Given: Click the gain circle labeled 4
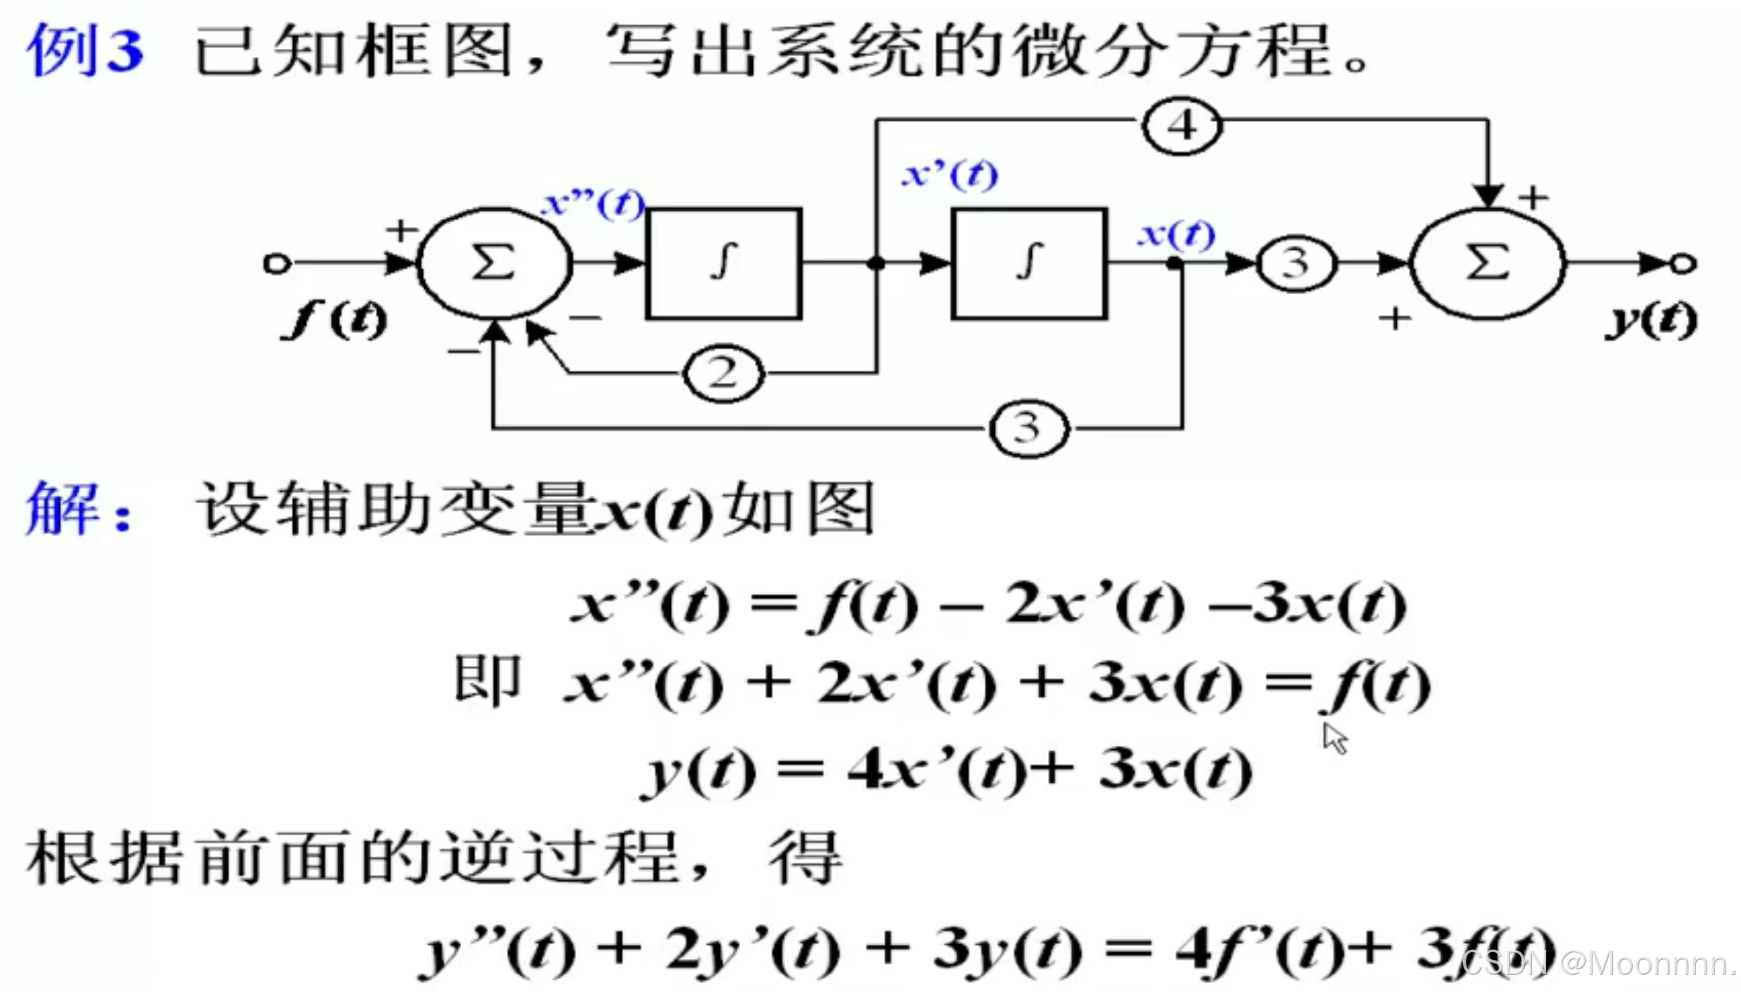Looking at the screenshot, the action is [x=1182, y=125].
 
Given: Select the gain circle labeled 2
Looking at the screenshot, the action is [x=723, y=373].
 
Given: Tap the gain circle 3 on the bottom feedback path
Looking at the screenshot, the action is [x=1028, y=428].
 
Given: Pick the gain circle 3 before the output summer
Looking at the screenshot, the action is [x=1296, y=263].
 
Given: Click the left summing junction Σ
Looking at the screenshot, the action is [x=494, y=263].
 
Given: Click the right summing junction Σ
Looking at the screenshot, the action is [x=1488, y=263].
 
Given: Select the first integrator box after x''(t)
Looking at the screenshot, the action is [x=724, y=263].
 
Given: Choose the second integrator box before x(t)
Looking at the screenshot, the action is [x=1029, y=263].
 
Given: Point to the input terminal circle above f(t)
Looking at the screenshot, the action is [x=277, y=263].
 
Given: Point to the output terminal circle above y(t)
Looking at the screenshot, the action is [x=1683, y=263].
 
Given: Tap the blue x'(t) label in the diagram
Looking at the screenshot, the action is [x=951, y=175].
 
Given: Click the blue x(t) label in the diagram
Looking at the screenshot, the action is [x=1176, y=234].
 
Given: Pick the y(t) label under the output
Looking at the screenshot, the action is [x=1652, y=320].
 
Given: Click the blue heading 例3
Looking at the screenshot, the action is [x=85, y=51].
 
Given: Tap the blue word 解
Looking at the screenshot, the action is [x=64, y=508].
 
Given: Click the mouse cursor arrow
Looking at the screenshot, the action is [x=1334, y=738].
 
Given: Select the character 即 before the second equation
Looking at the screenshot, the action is [x=487, y=680].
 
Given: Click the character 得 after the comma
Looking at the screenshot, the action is [x=805, y=857].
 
